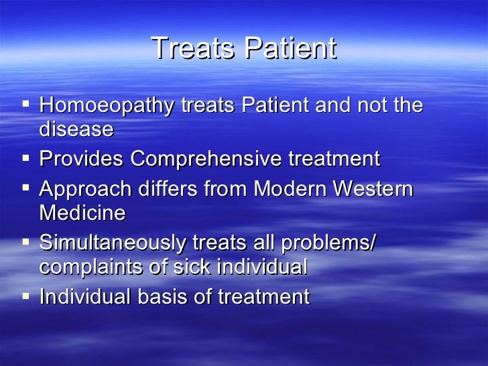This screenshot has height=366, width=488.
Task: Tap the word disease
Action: coord(76,129)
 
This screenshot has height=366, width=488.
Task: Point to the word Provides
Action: coord(82,160)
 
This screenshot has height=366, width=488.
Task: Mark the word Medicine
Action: coord(82,213)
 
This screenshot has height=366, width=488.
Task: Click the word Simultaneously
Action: coord(113,243)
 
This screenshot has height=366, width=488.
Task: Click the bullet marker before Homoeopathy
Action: coord(26,105)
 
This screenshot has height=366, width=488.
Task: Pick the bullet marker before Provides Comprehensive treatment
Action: coord(26,159)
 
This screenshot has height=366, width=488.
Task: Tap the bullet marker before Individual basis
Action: coord(26,296)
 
